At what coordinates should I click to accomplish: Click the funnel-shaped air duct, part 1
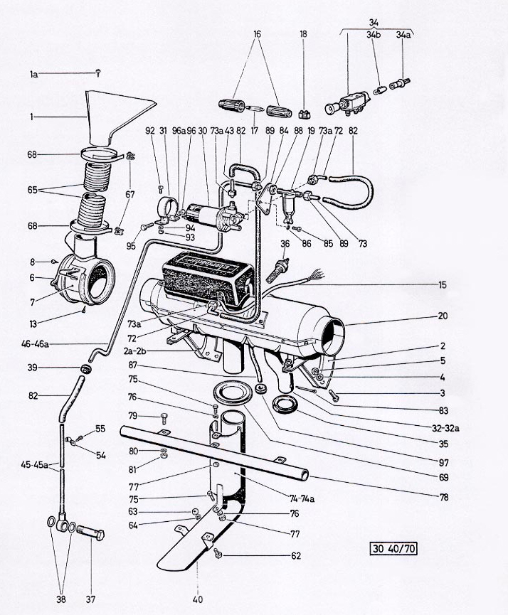(114, 114)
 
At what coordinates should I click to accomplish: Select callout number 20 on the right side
(443, 316)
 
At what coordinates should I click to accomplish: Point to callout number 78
(443, 496)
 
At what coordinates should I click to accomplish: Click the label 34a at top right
(404, 33)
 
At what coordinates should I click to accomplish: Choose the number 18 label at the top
(304, 33)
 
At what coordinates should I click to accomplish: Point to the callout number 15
(443, 285)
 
